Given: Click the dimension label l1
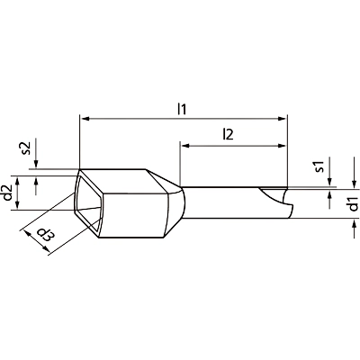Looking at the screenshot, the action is point(182,109).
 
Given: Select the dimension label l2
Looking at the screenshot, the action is point(228,135).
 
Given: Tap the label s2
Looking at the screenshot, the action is point(26,148).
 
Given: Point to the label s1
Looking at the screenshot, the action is point(320,166).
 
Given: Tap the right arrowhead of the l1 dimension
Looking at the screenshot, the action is point(282,119).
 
